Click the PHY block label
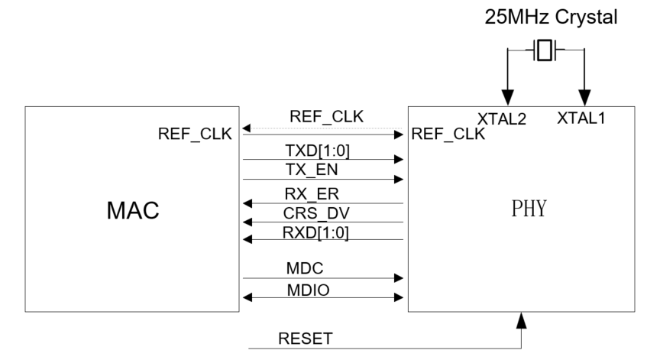tap(529, 209)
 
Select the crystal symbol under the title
tap(543, 51)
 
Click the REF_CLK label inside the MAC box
tap(195, 135)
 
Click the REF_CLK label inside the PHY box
tap(448, 135)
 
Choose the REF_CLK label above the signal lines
tap(326, 117)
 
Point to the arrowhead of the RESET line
tap(522, 319)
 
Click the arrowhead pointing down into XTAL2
tap(504, 99)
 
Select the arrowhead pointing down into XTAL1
tap(584, 99)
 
